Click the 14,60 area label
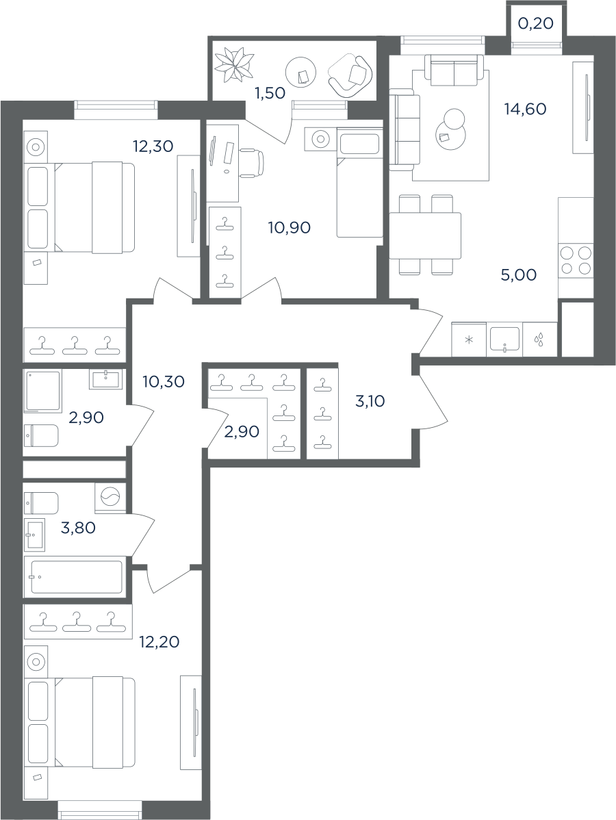[525, 109]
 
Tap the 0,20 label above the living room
[535, 23]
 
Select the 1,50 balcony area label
[269, 93]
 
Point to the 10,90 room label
[290, 227]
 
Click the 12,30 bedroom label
[153, 146]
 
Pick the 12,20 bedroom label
[159, 641]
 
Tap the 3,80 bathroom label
[79, 528]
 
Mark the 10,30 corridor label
[164, 382]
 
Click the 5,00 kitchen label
[519, 275]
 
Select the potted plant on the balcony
[234, 64]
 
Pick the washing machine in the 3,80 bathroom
[110, 498]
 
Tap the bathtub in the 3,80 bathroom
[76, 577]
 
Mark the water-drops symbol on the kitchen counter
[539, 340]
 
